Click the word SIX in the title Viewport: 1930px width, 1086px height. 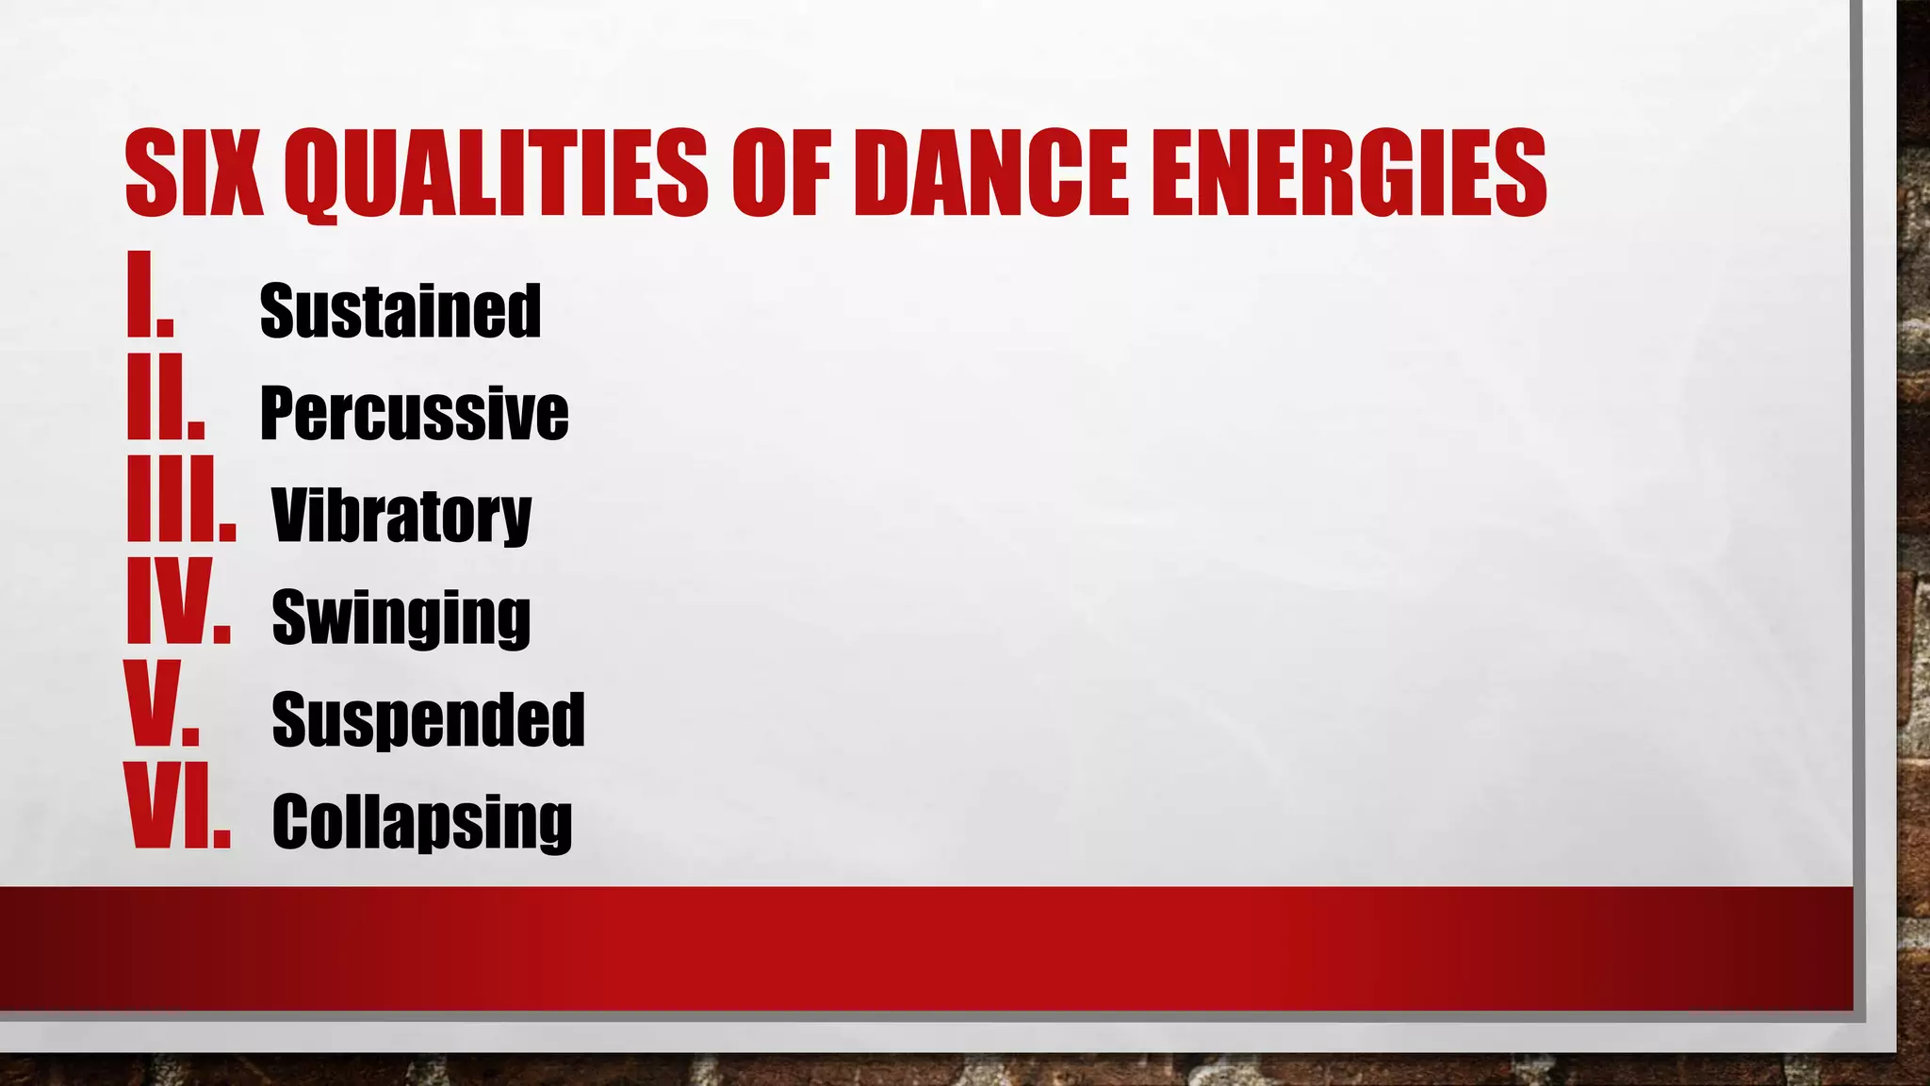(x=194, y=173)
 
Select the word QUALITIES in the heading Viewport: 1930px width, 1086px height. (x=497, y=173)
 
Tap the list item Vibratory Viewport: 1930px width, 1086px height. (x=402, y=516)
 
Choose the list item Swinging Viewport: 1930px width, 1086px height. (x=401, y=618)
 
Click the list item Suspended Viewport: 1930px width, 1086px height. (x=429, y=720)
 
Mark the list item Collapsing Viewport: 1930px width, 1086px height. (x=422, y=822)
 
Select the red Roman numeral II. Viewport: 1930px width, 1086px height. (x=166, y=397)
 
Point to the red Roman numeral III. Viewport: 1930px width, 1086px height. (x=181, y=500)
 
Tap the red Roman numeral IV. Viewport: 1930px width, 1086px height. (x=178, y=601)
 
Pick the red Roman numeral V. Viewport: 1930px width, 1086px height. (x=162, y=704)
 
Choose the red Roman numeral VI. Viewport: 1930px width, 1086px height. (x=177, y=807)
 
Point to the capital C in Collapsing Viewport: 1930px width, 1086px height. (x=291, y=822)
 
